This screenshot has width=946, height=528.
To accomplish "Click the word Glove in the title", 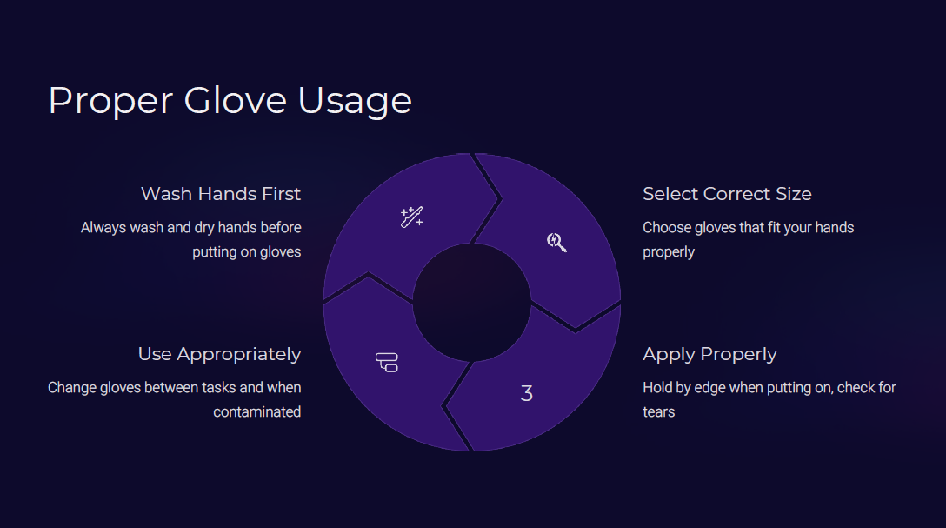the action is click(x=236, y=100).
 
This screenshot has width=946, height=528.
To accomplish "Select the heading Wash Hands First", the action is click(x=220, y=194).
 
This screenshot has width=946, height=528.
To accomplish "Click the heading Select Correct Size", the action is click(x=727, y=194).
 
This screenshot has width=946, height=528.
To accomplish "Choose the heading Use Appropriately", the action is click(x=220, y=354).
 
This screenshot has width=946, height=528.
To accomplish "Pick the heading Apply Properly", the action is click(x=709, y=354).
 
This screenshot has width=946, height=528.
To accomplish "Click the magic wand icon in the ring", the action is click(x=412, y=217).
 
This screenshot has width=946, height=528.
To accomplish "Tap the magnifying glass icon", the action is click(x=556, y=242).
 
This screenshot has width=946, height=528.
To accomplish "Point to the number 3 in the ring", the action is click(x=527, y=393).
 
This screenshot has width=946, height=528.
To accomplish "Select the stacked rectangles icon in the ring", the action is click(x=387, y=362).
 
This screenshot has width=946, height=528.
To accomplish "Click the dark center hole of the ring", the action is click(x=472, y=303).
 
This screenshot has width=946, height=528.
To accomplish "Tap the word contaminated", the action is click(x=257, y=412).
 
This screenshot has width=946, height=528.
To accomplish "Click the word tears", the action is click(x=659, y=412).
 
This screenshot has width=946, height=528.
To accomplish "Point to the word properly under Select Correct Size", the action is click(x=669, y=252).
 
